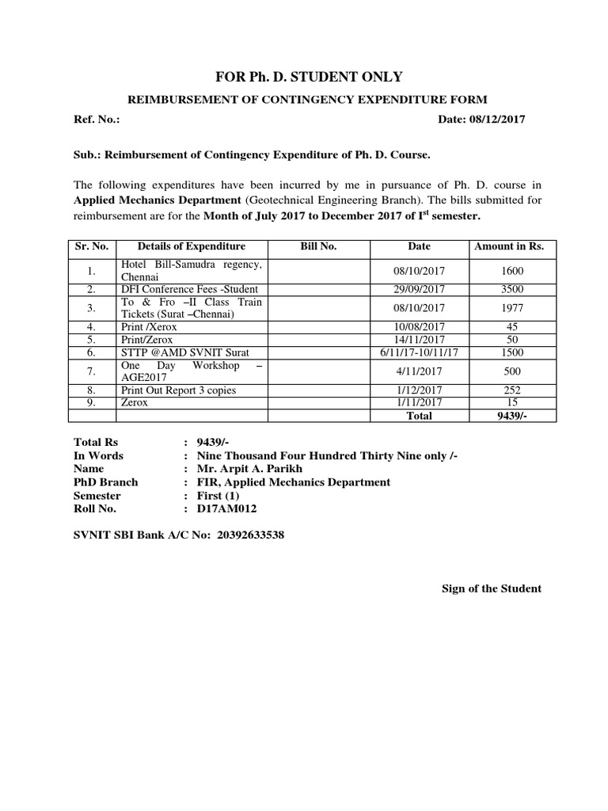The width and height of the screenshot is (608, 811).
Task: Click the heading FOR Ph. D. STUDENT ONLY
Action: pos(309,77)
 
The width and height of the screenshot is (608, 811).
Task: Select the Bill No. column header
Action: pos(318,246)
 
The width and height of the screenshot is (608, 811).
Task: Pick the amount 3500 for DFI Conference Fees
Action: pos(511,289)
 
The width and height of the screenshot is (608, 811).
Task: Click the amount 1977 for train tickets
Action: pos(511,308)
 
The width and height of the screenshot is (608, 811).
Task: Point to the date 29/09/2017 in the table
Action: pos(419,289)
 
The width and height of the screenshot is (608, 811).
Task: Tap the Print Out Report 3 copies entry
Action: pos(178,390)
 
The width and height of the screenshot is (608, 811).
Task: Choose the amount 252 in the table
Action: pos(511,390)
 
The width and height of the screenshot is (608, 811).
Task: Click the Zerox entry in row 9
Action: pos(135,402)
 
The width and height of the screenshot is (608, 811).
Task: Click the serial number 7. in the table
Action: pos(92,371)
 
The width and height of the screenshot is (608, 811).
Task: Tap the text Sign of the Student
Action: pos(491,588)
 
